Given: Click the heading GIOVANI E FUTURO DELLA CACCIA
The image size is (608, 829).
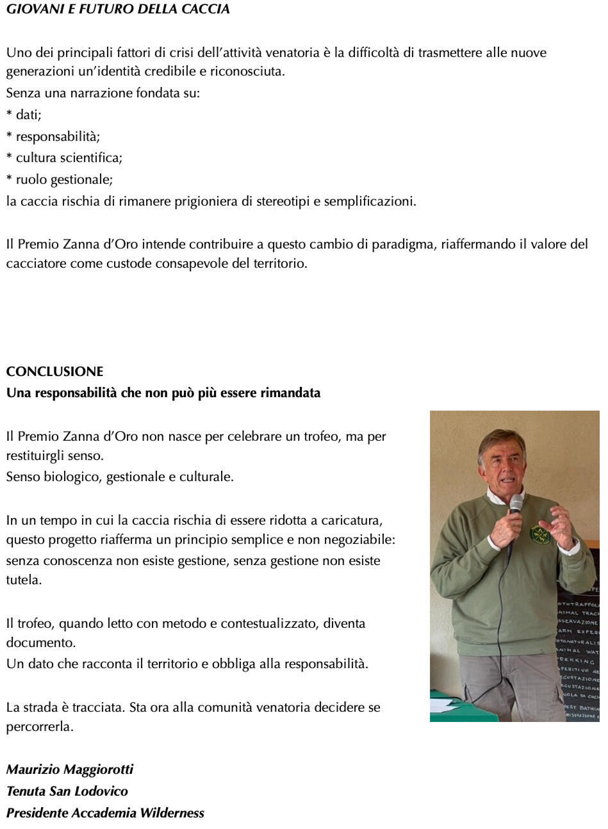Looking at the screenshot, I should click(118, 10).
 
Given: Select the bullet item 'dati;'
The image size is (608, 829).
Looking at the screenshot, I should click(28, 115).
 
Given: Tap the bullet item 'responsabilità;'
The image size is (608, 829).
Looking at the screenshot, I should click(58, 136).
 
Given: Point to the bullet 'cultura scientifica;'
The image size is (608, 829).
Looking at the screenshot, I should click(69, 158).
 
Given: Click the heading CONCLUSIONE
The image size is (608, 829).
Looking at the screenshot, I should click(54, 372).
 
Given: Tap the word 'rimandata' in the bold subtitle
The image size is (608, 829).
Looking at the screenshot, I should click(290, 393).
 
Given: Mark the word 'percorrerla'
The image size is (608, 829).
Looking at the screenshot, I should click(40, 727).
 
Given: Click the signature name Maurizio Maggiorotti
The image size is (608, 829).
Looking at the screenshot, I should click(70, 769).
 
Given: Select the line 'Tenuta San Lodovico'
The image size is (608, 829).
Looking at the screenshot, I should click(67, 791).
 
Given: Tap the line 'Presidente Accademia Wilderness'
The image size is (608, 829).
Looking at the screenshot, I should click(105, 812).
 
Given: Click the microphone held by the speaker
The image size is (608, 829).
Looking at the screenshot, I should click(516, 506).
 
